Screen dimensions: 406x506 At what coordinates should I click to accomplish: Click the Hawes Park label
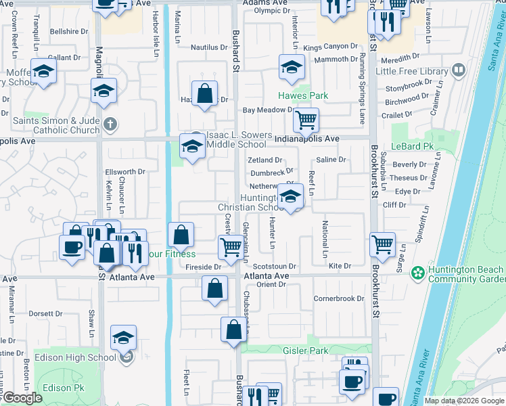pos(303,95)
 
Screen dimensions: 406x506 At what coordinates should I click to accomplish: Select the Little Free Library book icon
pos(459,70)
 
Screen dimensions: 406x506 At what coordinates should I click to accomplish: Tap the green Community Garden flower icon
pos(419,273)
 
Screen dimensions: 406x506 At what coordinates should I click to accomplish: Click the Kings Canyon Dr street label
pos(330,47)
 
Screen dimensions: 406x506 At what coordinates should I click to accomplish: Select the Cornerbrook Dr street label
pos(338,298)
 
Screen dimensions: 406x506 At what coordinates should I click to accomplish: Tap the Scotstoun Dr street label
pos(275,267)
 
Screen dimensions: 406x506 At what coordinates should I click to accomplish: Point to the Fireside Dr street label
pos(204,267)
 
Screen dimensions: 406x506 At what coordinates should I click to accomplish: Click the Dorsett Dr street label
pos(45,314)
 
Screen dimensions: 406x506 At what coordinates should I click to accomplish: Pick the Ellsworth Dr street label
pos(124,172)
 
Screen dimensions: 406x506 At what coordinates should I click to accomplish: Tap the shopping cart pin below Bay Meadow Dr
pos(306,121)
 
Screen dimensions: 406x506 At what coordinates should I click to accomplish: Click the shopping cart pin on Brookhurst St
pos(383,244)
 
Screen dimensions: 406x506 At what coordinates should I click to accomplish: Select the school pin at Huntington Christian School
pos(290,198)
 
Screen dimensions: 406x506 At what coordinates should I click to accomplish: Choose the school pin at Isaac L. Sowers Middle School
pos(192,146)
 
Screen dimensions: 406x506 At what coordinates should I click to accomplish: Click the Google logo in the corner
pos(22,398)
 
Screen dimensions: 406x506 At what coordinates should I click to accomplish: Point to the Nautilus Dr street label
pos(209,47)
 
